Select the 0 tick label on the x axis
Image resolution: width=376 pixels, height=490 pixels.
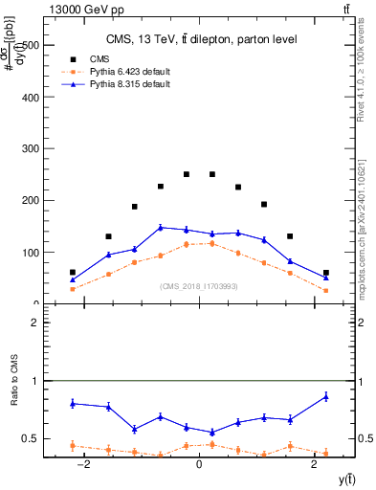pyautogui.click(x=198, y=463)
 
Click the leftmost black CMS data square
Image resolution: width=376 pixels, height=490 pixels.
pyautogui.click(x=73, y=273)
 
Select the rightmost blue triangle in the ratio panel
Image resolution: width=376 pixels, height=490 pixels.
pyautogui.click(x=325, y=396)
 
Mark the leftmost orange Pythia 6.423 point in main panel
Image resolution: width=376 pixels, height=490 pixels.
pyautogui.click(x=73, y=289)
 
